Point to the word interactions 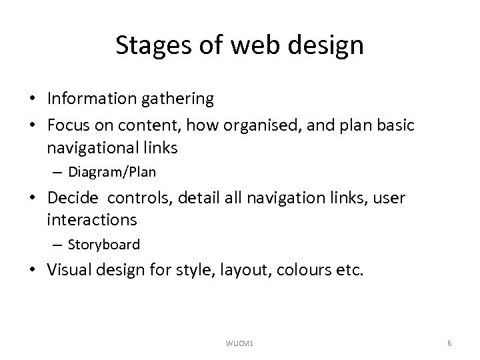(x=92, y=219)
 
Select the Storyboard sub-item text (x=104, y=245)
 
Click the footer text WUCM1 (x=240, y=343)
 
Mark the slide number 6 (x=450, y=343)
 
